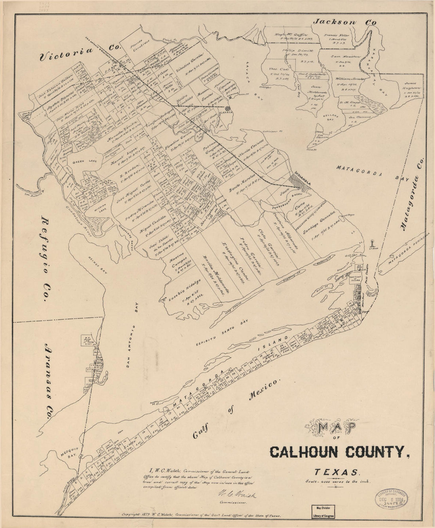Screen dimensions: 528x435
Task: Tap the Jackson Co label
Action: tap(343, 23)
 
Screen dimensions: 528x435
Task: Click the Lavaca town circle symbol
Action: tap(228, 108)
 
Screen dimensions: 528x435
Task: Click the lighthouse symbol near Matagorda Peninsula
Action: tap(372, 243)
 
